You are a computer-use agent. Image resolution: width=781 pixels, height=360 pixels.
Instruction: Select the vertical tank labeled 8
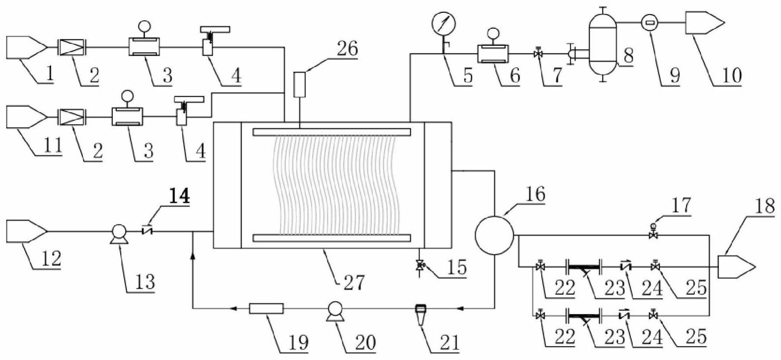click(x=603, y=44)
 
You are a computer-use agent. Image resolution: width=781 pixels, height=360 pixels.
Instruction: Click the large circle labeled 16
click(x=494, y=235)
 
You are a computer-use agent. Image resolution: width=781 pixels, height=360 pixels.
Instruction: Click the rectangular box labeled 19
click(x=266, y=309)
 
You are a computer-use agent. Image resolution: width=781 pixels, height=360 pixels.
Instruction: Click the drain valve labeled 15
click(x=420, y=266)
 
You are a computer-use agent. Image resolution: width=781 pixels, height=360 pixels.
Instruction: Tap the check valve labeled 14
click(x=147, y=230)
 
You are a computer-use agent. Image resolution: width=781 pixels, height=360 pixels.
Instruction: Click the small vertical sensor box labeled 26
click(x=299, y=85)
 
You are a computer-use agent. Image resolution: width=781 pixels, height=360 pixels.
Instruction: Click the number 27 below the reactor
click(x=354, y=282)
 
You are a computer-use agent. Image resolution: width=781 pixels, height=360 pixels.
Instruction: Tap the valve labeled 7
click(x=538, y=54)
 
